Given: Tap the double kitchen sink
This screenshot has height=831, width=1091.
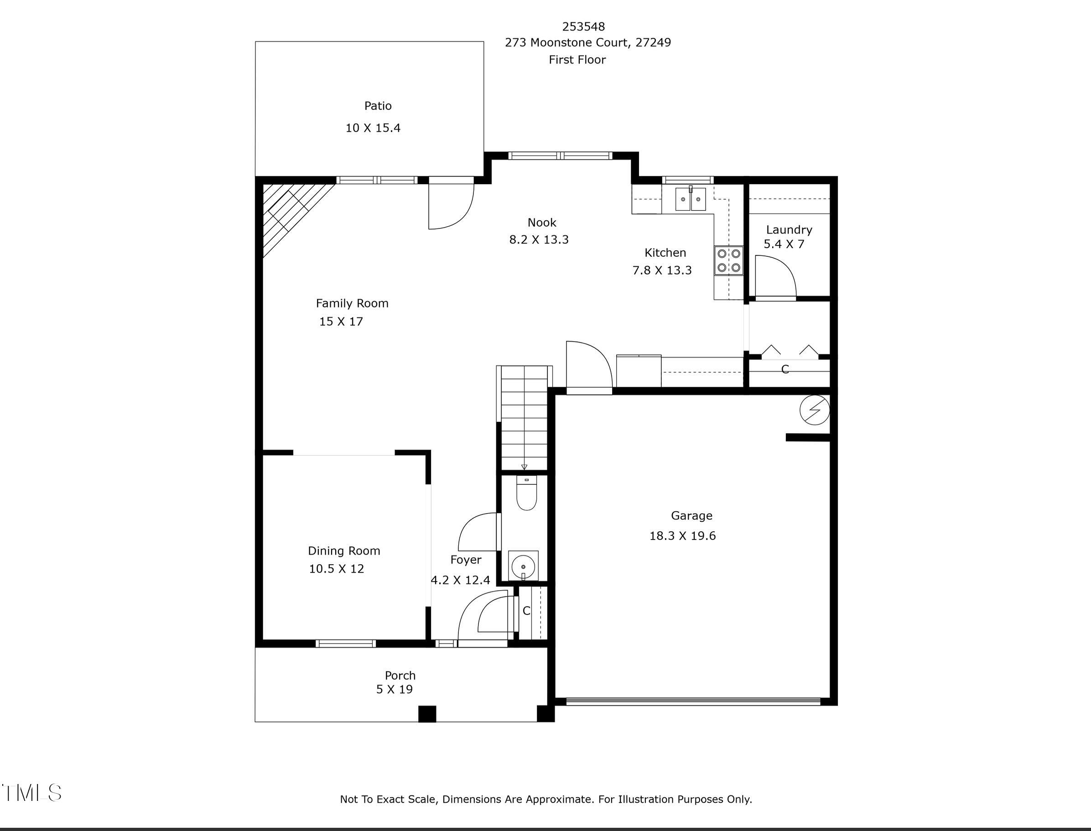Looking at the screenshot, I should [x=691, y=199].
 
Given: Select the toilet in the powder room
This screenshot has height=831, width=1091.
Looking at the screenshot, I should [x=526, y=493].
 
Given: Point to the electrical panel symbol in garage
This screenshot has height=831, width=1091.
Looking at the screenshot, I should [x=815, y=410].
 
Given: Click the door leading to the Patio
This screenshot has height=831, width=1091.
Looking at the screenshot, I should [x=451, y=205].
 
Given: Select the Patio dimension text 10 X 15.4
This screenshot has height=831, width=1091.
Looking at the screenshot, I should [x=373, y=128].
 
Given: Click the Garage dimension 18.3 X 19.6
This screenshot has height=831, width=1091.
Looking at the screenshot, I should [x=682, y=536].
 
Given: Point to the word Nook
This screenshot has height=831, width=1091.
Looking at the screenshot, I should [x=541, y=223].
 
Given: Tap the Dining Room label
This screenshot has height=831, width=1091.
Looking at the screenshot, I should [x=344, y=551].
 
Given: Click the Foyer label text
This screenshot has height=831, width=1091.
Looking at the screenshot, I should [x=465, y=560].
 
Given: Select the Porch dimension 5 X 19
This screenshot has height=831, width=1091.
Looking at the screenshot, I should [x=394, y=689].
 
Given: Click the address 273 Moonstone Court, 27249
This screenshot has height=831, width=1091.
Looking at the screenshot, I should [x=587, y=42].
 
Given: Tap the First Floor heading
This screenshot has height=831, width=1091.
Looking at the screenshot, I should [x=577, y=60].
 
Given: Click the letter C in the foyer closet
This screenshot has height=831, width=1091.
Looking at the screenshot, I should [x=526, y=611].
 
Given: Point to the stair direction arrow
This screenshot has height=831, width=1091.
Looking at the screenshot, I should [x=524, y=467].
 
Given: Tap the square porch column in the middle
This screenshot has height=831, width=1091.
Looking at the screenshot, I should [x=427, y=714].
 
